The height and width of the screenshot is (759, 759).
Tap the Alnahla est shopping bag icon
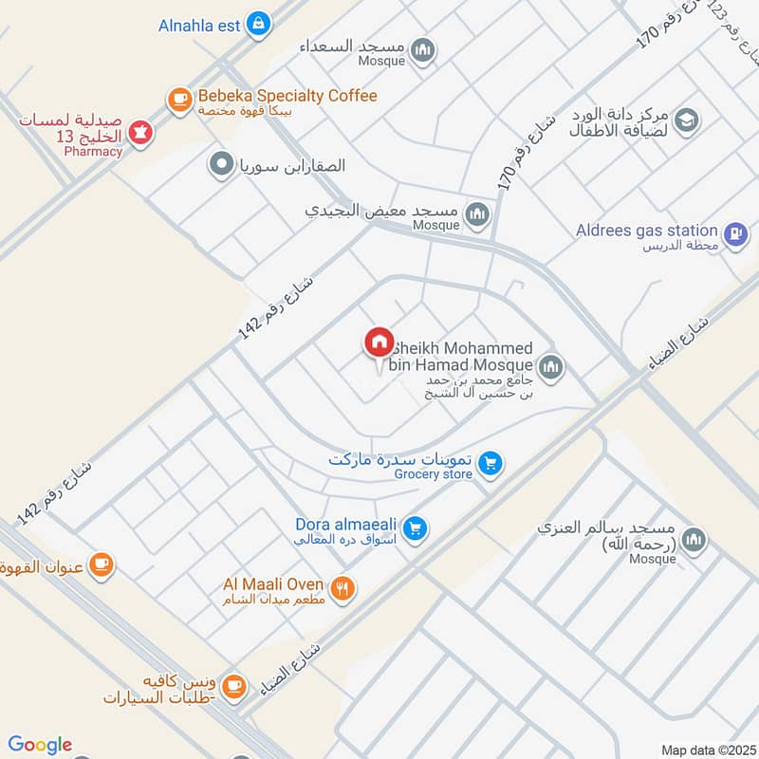pos(257,26)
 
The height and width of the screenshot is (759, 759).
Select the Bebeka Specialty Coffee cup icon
pos(178,99)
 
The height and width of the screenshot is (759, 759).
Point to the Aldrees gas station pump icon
pos(734,233)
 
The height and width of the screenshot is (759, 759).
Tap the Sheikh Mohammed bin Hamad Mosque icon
pos(550,366)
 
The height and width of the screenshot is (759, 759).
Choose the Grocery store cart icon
pos(490,463)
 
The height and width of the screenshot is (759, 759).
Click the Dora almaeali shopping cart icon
pos(414,528)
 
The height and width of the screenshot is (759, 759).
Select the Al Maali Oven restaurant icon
pos(343,587)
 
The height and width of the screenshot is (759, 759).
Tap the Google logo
pos(40,745)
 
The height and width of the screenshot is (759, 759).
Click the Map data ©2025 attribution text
pos(707,750)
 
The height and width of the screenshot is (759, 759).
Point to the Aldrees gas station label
pos(646,231)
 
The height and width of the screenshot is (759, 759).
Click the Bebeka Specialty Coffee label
pos(287,96)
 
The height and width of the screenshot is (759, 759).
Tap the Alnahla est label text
pos(199,26)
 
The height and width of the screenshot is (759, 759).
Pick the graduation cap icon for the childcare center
pos(687,120)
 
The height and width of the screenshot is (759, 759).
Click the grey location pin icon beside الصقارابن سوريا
pos(221,165)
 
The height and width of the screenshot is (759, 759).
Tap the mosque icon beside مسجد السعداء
pos(423,50)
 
